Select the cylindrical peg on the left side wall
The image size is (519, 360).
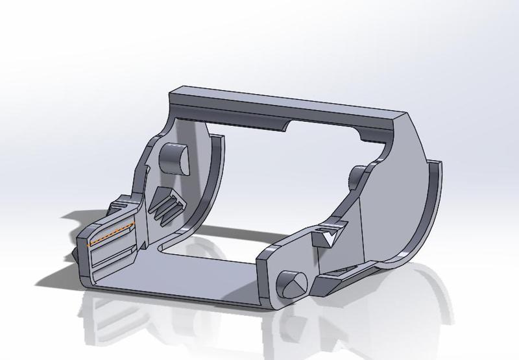(173, 156)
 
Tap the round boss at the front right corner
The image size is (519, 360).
(289, 283)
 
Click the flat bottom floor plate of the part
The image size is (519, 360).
(195, 272)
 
